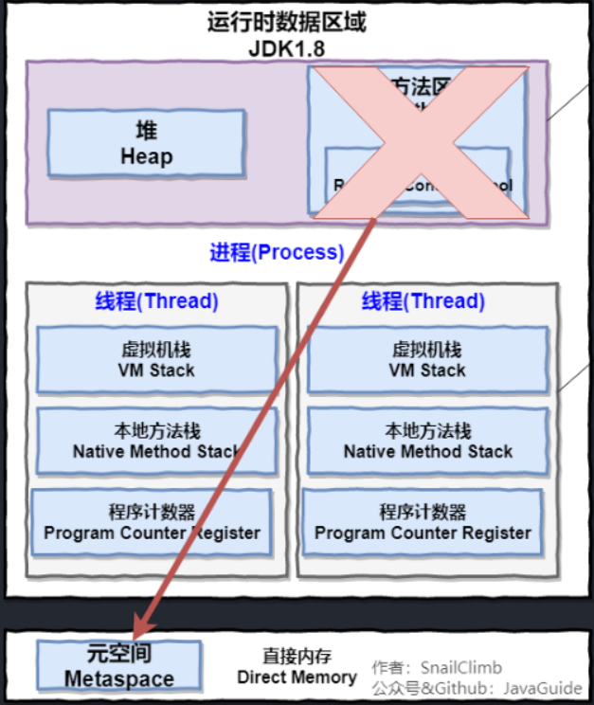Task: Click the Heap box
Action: (x=146, y=143)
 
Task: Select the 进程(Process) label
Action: (x=276, y=252)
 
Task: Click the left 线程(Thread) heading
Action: (x=156, y=301)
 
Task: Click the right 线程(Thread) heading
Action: (x=423, y=301)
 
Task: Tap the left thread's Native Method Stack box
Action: (x=156, y=442)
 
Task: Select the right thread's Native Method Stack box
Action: (x=427, y=442)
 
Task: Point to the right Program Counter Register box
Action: (x=423, y=522)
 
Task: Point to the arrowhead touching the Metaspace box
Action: (x=141, y=630)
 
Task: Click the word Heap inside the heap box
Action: (x=146, y=156)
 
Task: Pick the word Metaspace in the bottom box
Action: (x=119, y=678)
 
